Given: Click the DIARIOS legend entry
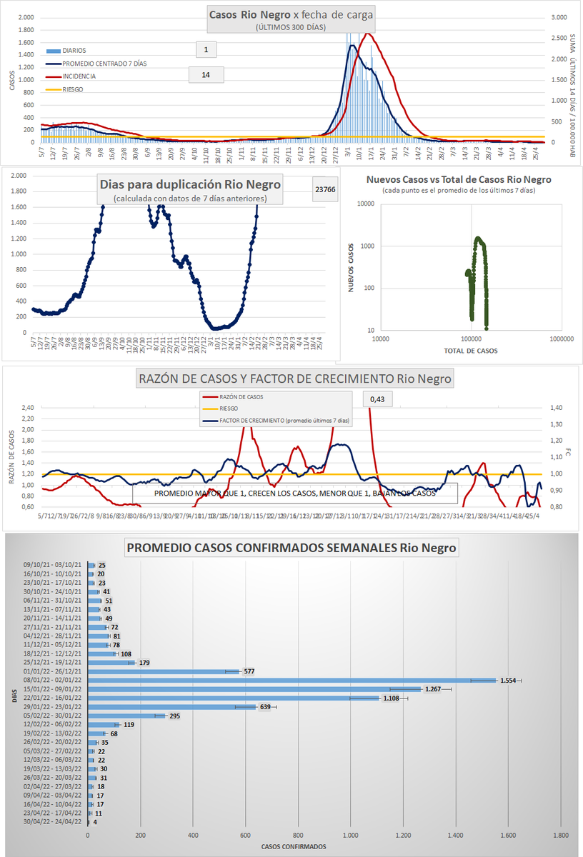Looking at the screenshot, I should (74, 51).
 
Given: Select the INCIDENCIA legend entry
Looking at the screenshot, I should (79, 76).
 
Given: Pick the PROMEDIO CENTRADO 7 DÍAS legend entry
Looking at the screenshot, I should (104, 64).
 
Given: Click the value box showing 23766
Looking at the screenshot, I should (325, 189).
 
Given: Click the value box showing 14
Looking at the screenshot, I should (206, 75).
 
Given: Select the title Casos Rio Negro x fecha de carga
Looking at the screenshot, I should (291, 14).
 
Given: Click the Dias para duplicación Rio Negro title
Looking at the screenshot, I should (189, 184).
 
